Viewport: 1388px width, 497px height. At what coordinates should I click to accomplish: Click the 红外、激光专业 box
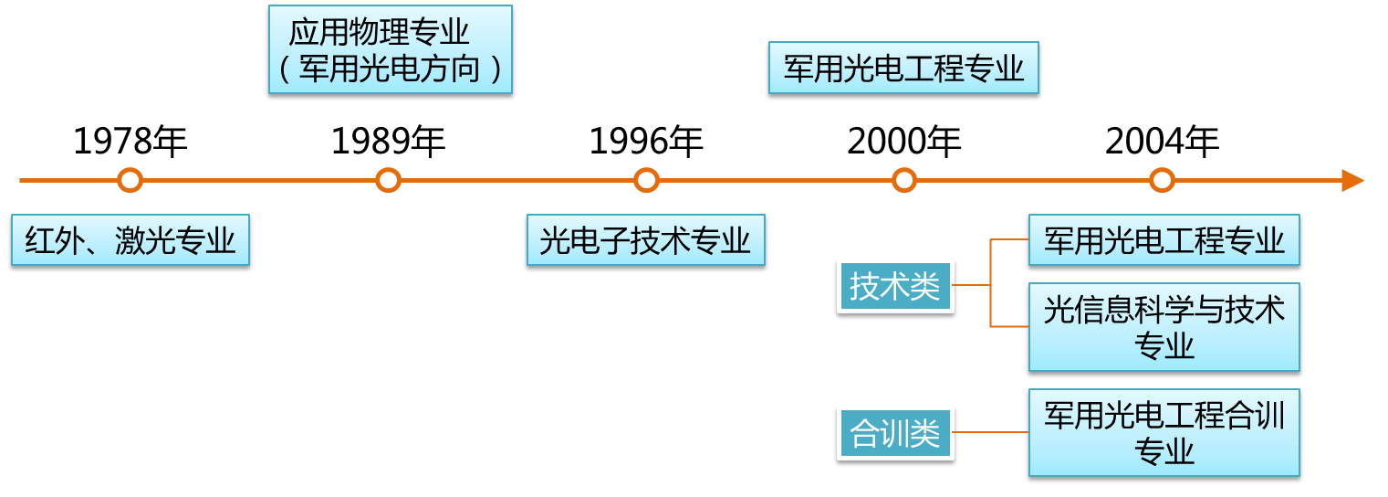click(130, 240)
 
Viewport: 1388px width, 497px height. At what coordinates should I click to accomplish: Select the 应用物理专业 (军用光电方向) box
click(390, 49)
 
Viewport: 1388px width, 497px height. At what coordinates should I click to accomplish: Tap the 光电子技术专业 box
click(645, 240)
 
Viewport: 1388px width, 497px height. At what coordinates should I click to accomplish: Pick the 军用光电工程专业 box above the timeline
click(903, 68)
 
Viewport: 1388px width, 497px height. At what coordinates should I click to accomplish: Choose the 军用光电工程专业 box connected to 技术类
click(1164, 240)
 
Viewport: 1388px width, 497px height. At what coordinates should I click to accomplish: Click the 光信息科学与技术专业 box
click(1164, 327)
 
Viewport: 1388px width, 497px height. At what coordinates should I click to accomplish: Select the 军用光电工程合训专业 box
click(1164, 432)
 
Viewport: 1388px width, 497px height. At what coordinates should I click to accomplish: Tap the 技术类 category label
click(895, 286)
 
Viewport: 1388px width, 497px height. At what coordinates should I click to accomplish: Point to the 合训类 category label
click(895, 433)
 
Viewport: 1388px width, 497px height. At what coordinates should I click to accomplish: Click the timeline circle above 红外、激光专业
click(130, 180)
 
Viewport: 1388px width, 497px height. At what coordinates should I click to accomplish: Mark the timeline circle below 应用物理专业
click(389, 180)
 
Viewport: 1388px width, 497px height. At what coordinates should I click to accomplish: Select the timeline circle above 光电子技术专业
click(646, 180)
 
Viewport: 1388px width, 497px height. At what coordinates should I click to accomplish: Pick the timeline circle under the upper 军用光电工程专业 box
click(904, 180)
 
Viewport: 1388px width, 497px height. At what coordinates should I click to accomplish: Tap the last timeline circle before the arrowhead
click(1162, 180)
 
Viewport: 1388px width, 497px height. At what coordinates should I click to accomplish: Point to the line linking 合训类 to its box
click(991, 433)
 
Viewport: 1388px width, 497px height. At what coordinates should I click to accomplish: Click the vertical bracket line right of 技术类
click(991, 283)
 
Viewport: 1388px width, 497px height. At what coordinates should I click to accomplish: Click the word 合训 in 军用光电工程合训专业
click(1256, 416)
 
